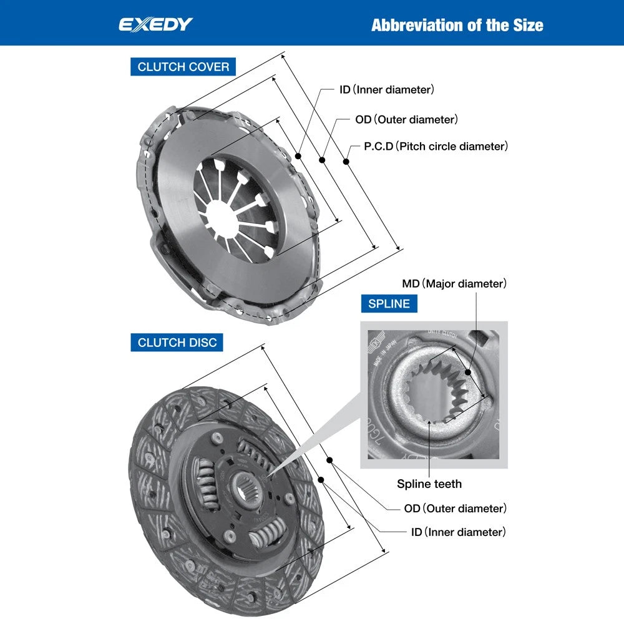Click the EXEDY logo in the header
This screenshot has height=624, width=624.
pyautogui.click(x=156, y=25)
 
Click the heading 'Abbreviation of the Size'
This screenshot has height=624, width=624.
pyautogui.click(x=457, y=25)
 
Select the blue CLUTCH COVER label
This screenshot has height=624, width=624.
pyautogui.click(x=183, y=67)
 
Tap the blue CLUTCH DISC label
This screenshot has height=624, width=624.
pyautogui.click(x=177, y=343)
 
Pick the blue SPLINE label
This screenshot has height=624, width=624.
pyautogui.click(x=389, y=304)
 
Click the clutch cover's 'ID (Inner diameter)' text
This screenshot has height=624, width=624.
pyautogui.click(x=386, y=90)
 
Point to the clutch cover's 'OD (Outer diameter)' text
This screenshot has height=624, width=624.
pyautogui.click(x=406, y=119)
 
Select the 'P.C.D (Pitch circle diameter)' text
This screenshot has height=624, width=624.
pyautogui.click(x=436, y=147)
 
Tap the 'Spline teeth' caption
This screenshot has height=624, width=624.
pyautogui.click(x=429, y=484)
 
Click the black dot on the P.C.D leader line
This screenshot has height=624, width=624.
pyautogui.click(x=346, y=162)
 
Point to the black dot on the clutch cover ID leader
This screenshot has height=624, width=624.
pyautogui.click(x=299, y=155)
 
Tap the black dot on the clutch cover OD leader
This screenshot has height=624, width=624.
pyautogui.click(x=323, y=160)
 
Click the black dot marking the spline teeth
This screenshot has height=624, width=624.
pyautogui.click(x=430, y=422)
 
